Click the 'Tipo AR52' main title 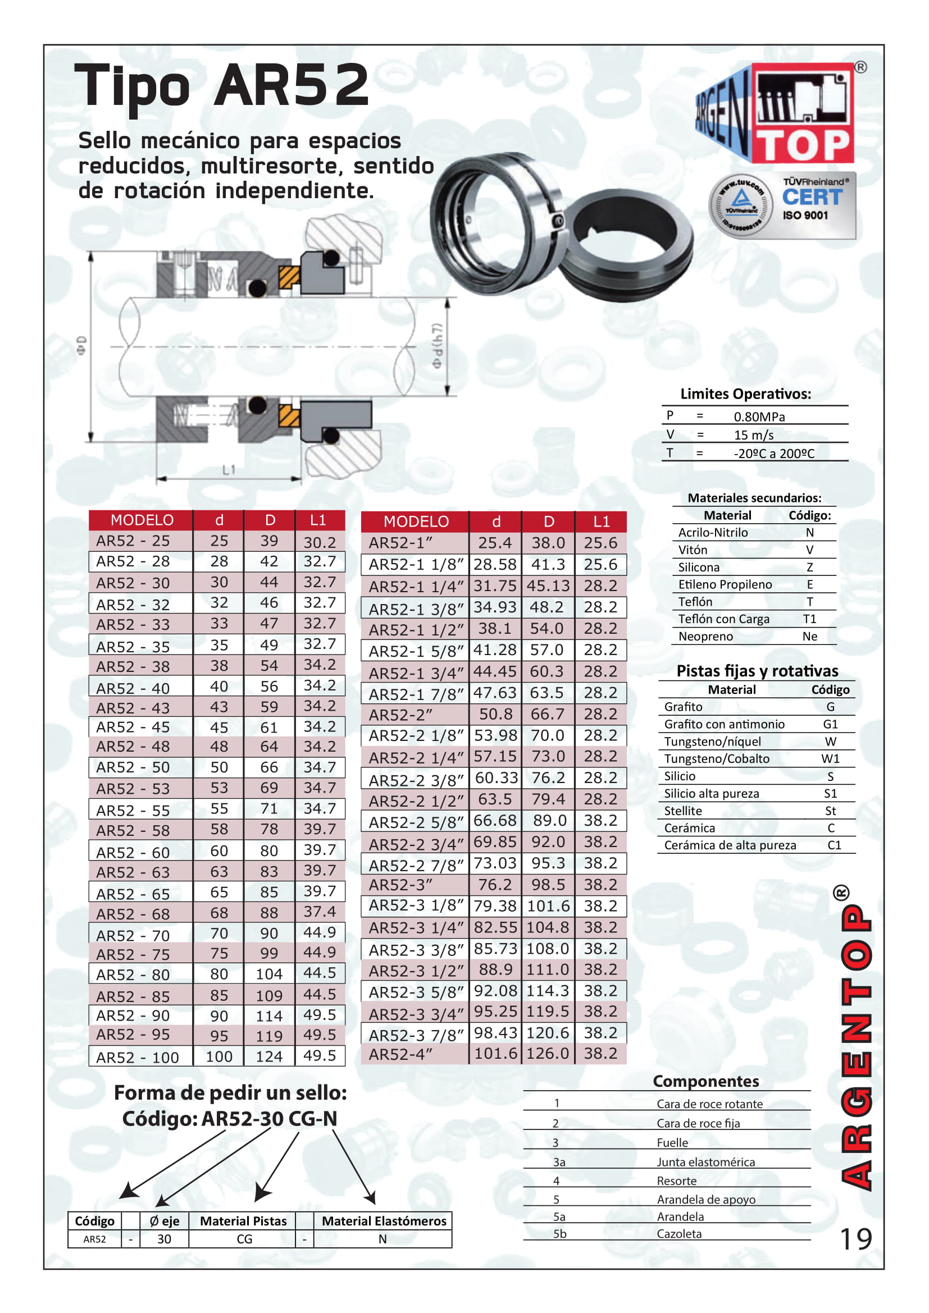click(x=222, y=86)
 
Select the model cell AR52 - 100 click(x=137, y=1058)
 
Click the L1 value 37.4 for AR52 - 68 click(x=319, y=912)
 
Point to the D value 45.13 click(x=548, y=585)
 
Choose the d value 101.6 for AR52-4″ click(x=495, y=1053)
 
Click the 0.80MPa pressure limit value click(x=759, y=417)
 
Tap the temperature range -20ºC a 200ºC click(x=773, y=454)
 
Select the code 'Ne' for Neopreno click(x=809, y=637)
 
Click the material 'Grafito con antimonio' click(x=724, y=725)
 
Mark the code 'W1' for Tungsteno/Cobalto click(x=830, y=759)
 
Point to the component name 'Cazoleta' click(x=679, y=1234)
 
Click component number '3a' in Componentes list click(x=559, y=1162)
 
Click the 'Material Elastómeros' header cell click(x=384, y=1221)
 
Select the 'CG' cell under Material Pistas click(x=244, y=1239)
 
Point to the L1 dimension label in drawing click(x=229, y=470)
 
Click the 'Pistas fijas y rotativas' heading click(x=757, y=671)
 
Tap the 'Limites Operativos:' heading click(x=745, y=394)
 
